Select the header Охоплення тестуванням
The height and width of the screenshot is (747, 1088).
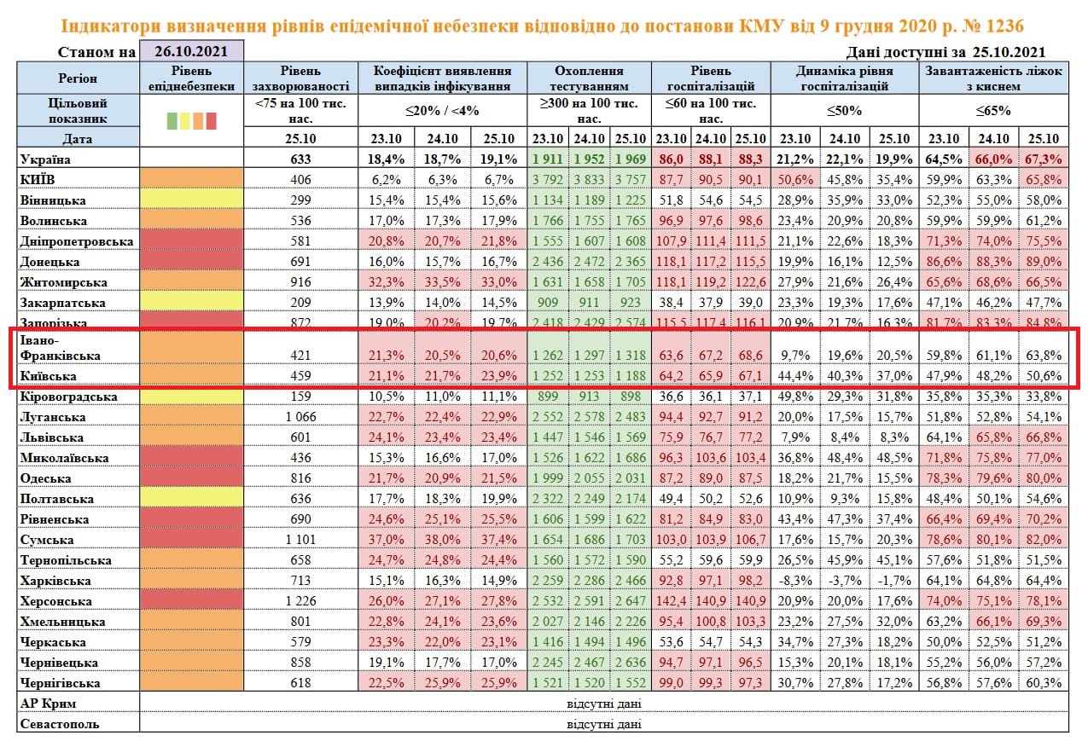point(589,78)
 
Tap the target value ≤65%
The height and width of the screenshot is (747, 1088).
point(993,111)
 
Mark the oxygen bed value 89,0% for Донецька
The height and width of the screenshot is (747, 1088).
point(1043,261)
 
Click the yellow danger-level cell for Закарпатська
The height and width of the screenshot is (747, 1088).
point(191,302)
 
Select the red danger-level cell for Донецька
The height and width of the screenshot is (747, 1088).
point(191,261)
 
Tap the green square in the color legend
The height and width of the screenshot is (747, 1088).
point(172,121)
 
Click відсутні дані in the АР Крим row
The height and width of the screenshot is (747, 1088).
point(603,704)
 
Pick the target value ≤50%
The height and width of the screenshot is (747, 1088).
point(845,111)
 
